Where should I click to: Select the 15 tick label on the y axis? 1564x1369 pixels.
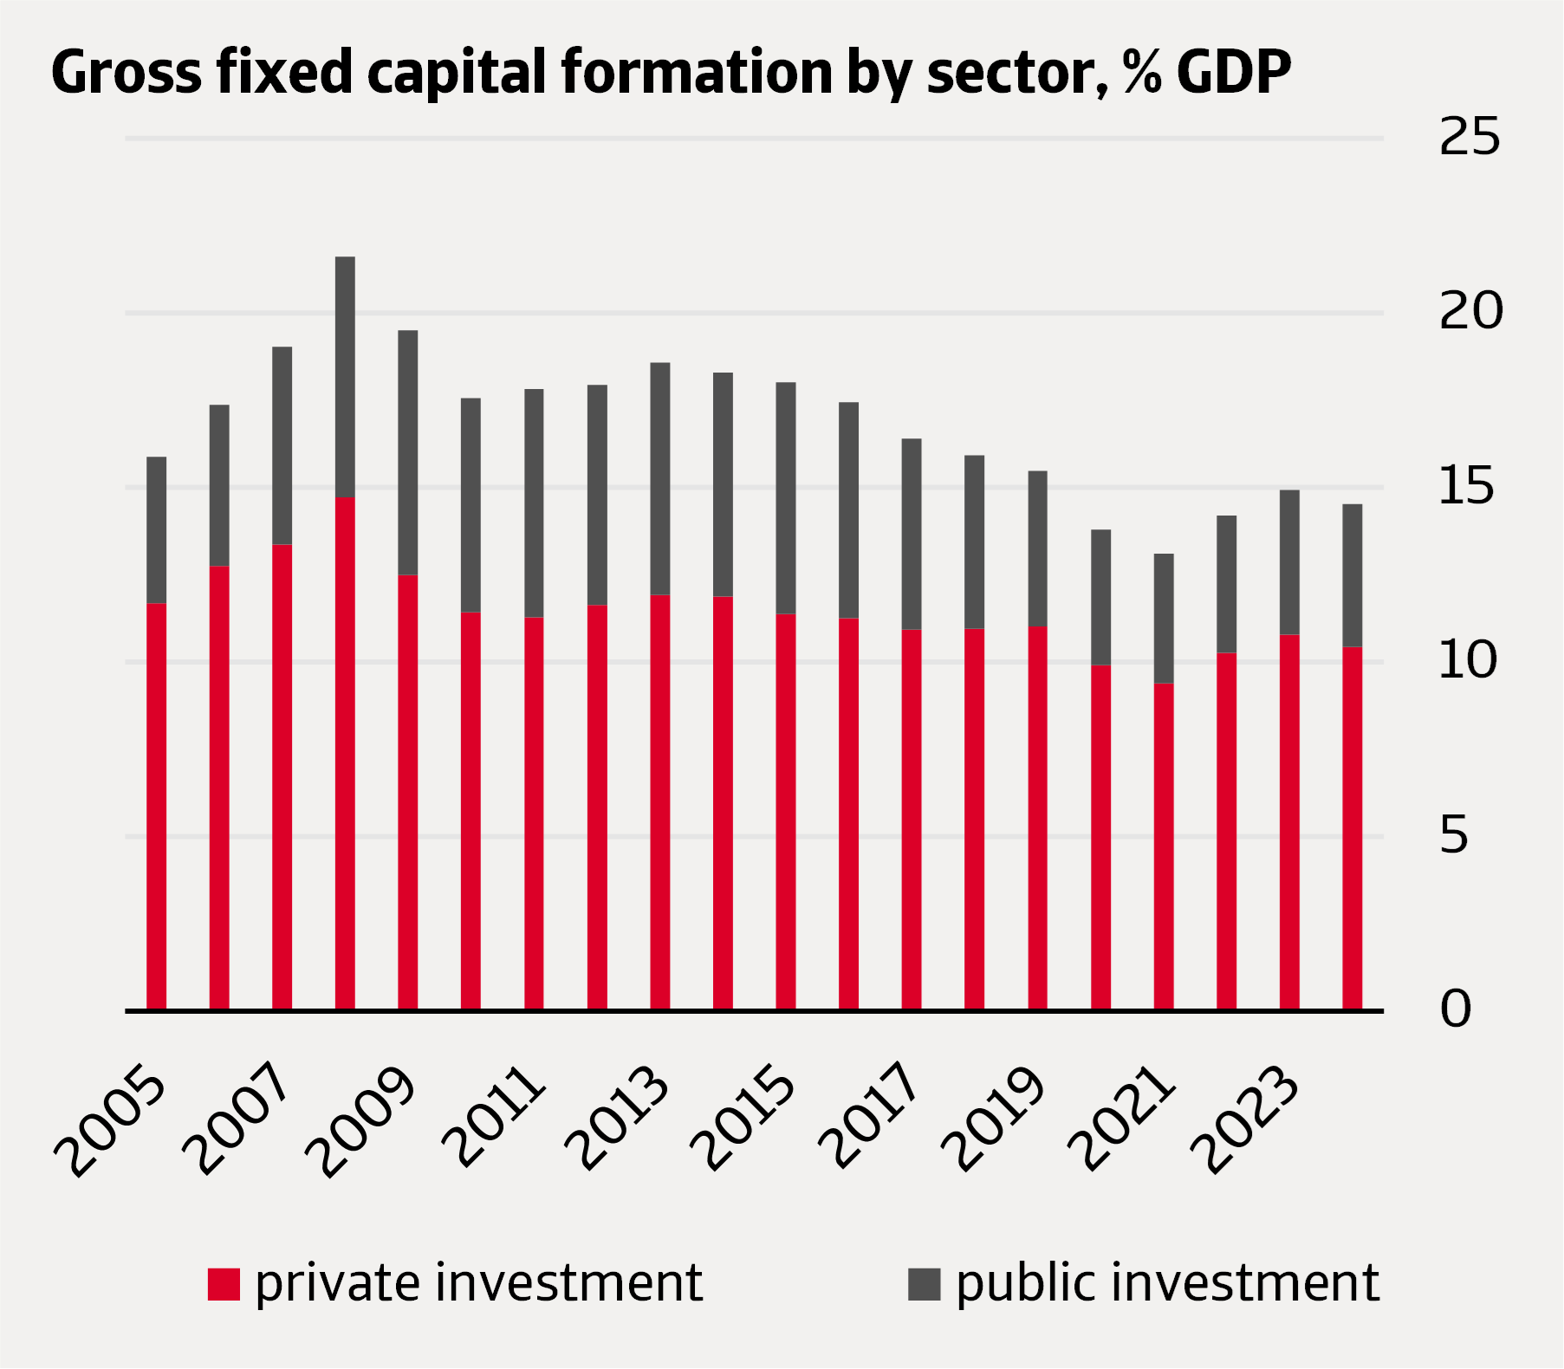coord(1467,487)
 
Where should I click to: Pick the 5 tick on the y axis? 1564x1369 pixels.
coord(1454,836)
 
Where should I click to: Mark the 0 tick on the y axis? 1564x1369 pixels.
coord(1456,1010)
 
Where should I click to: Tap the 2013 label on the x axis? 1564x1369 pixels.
coord(616,1120)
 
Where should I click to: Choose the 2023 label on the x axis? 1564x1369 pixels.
coord(1246,1122)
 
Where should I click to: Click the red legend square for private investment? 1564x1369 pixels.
coord(224,1284)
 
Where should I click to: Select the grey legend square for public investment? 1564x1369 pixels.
coord(924,1284)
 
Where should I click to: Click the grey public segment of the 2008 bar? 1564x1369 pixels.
coord(345,377)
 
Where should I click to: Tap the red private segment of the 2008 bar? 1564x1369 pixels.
coord(345,754)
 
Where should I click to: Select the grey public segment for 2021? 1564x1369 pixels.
coord(1164,619)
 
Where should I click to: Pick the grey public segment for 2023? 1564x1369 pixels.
coord(1289,562)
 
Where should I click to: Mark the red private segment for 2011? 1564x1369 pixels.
coord(534,814)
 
